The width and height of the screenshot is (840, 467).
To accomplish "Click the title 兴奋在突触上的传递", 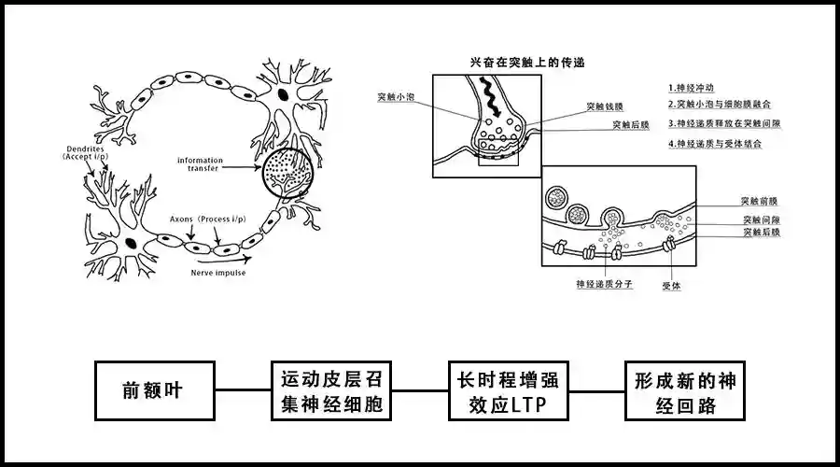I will point(534,64).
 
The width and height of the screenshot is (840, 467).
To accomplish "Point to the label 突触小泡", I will point(396,96).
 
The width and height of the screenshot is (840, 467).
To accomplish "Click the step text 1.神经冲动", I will point(692,86).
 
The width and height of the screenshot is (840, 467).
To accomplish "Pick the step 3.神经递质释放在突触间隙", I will point(724,123).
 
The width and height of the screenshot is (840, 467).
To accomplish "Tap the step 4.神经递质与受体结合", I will point(715,144).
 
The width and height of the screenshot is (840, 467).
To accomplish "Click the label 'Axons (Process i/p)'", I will point(205,219).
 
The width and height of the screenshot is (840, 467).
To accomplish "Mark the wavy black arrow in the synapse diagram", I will point(488,98).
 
